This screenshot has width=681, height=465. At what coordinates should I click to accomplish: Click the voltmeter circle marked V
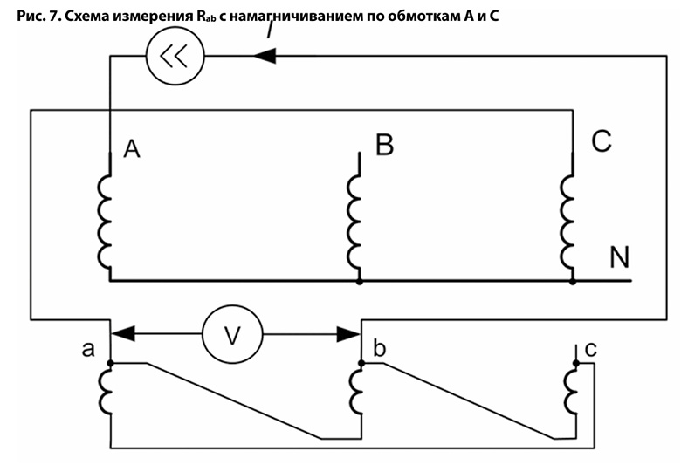click(232, 334)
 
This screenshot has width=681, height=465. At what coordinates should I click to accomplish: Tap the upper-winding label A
click(132, 150)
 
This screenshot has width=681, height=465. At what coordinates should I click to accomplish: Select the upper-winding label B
click(384, 146)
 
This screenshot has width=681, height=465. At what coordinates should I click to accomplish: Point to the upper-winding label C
click(601, 142)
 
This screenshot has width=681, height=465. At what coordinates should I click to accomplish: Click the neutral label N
click(619, 257)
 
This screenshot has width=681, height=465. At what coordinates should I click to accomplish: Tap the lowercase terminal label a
click(87, 350)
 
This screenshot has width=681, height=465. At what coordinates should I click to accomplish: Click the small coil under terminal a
click(106, 389)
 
